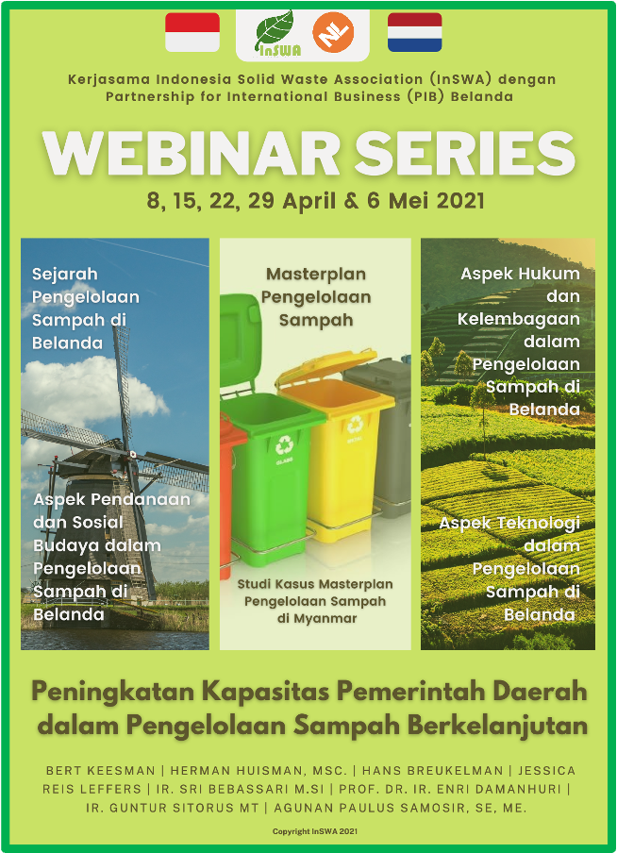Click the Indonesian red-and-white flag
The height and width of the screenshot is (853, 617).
pos(192,32)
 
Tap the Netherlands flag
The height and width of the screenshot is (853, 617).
pos(414,32)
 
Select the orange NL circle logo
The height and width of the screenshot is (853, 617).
pos(333,32)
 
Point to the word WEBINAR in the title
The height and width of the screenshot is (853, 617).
pos(192,154)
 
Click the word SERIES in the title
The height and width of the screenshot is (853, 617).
pos(466,154)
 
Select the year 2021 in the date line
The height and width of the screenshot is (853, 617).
pos(459,201)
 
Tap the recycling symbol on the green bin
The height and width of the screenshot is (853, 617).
pos(284,445)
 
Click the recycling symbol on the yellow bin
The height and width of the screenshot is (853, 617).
pos(355,423)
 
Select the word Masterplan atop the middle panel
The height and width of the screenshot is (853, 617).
pos(315,275)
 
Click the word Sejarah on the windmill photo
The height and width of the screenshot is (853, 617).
pos(65,275)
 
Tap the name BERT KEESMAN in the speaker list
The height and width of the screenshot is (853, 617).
pos(101,771)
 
